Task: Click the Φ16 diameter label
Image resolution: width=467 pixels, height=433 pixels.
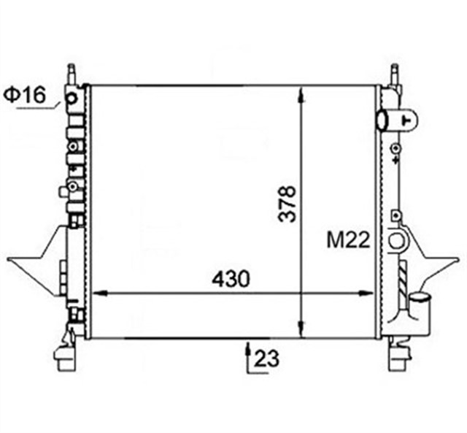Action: [x=25, y=94]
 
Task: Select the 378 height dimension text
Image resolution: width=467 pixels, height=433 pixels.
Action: [x=287, y=204]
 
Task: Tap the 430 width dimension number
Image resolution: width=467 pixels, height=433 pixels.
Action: [x=231, y=279]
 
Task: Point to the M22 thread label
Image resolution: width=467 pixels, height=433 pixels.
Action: [x=348, y=240]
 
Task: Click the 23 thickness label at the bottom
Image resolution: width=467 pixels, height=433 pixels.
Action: [x=267, y=359]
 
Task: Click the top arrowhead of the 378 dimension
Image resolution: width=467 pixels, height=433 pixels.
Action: [x=302, y=96]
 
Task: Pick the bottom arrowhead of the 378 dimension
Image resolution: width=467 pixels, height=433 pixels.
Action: [x=302, y=329]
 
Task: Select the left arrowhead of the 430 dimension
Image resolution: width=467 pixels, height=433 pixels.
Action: [x=100, y=294]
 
